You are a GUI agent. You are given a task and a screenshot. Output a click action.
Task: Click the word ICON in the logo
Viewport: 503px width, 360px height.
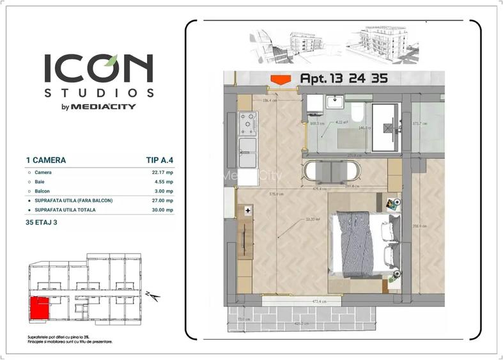coord(98,68)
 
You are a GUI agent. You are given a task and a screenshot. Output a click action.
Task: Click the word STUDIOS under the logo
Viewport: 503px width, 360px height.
coord(98,93)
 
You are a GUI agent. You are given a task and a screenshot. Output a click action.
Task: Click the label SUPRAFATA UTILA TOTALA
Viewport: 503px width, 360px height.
coord(67,210)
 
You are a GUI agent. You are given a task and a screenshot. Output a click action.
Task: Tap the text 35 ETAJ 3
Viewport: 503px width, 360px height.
coord(43,223)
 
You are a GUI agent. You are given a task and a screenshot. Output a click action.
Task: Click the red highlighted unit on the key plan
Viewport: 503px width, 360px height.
coord(40,308)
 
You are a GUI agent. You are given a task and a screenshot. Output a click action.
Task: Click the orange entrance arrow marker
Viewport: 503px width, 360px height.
coord(279,79)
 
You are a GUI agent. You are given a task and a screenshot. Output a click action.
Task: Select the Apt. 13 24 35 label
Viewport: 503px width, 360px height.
coord(342,79)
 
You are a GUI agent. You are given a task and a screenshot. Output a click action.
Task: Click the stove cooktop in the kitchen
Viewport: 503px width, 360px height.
coord(247,122)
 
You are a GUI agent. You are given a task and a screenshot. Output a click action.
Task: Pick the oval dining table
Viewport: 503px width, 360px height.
coord(332,171)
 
